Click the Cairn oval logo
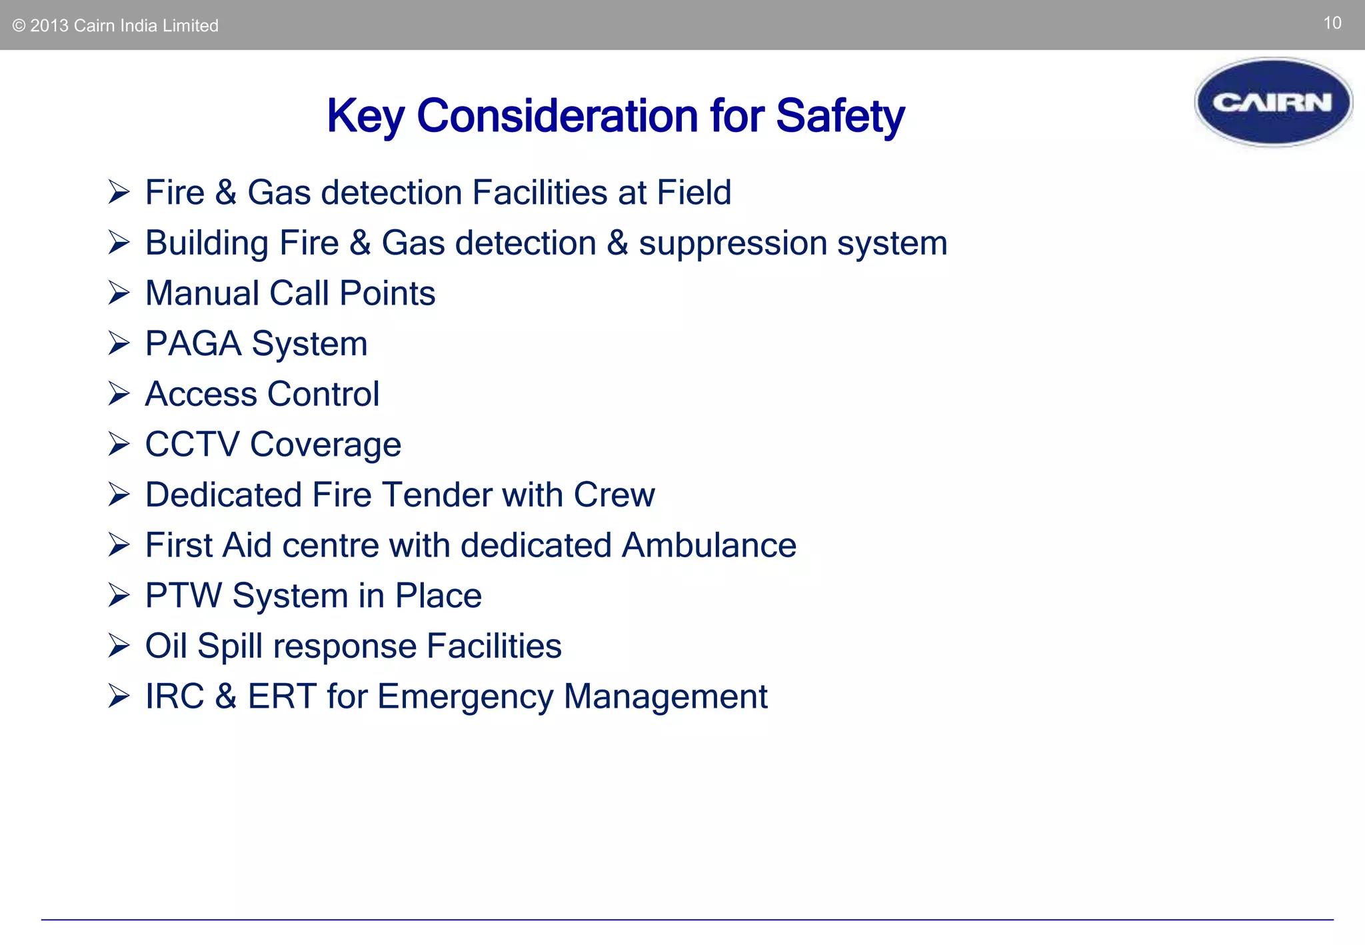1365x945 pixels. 1273,102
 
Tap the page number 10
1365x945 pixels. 1332,23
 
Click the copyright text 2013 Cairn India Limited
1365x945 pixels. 116,26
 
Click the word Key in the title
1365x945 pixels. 365,117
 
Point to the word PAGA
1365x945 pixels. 193,344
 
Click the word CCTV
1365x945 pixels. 192,445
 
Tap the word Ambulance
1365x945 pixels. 709,545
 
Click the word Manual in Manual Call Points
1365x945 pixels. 202,293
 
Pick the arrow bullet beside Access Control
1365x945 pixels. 119,394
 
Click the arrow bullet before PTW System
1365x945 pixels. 119,595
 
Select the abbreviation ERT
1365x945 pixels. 281,696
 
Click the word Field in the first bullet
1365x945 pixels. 694,193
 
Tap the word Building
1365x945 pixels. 207,243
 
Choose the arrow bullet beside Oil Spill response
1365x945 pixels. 119,646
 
